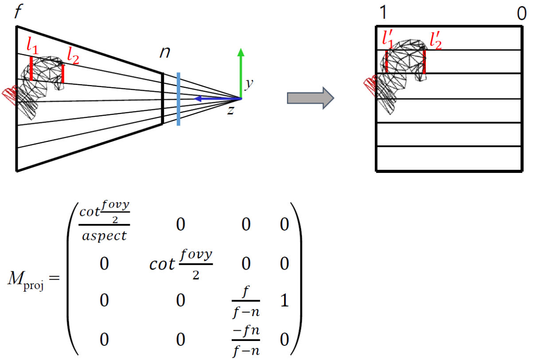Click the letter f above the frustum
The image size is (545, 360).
[18, 12]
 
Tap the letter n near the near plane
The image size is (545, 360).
[165, 53]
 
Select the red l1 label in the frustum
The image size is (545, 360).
[32, 46]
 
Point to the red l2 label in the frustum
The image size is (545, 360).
[73, 56]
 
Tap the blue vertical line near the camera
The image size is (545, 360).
[178, 99]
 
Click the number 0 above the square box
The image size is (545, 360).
[522, 14]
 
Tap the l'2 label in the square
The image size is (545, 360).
[435, 41]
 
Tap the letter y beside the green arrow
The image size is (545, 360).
[249, 84]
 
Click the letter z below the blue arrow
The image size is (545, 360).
[230, 111]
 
